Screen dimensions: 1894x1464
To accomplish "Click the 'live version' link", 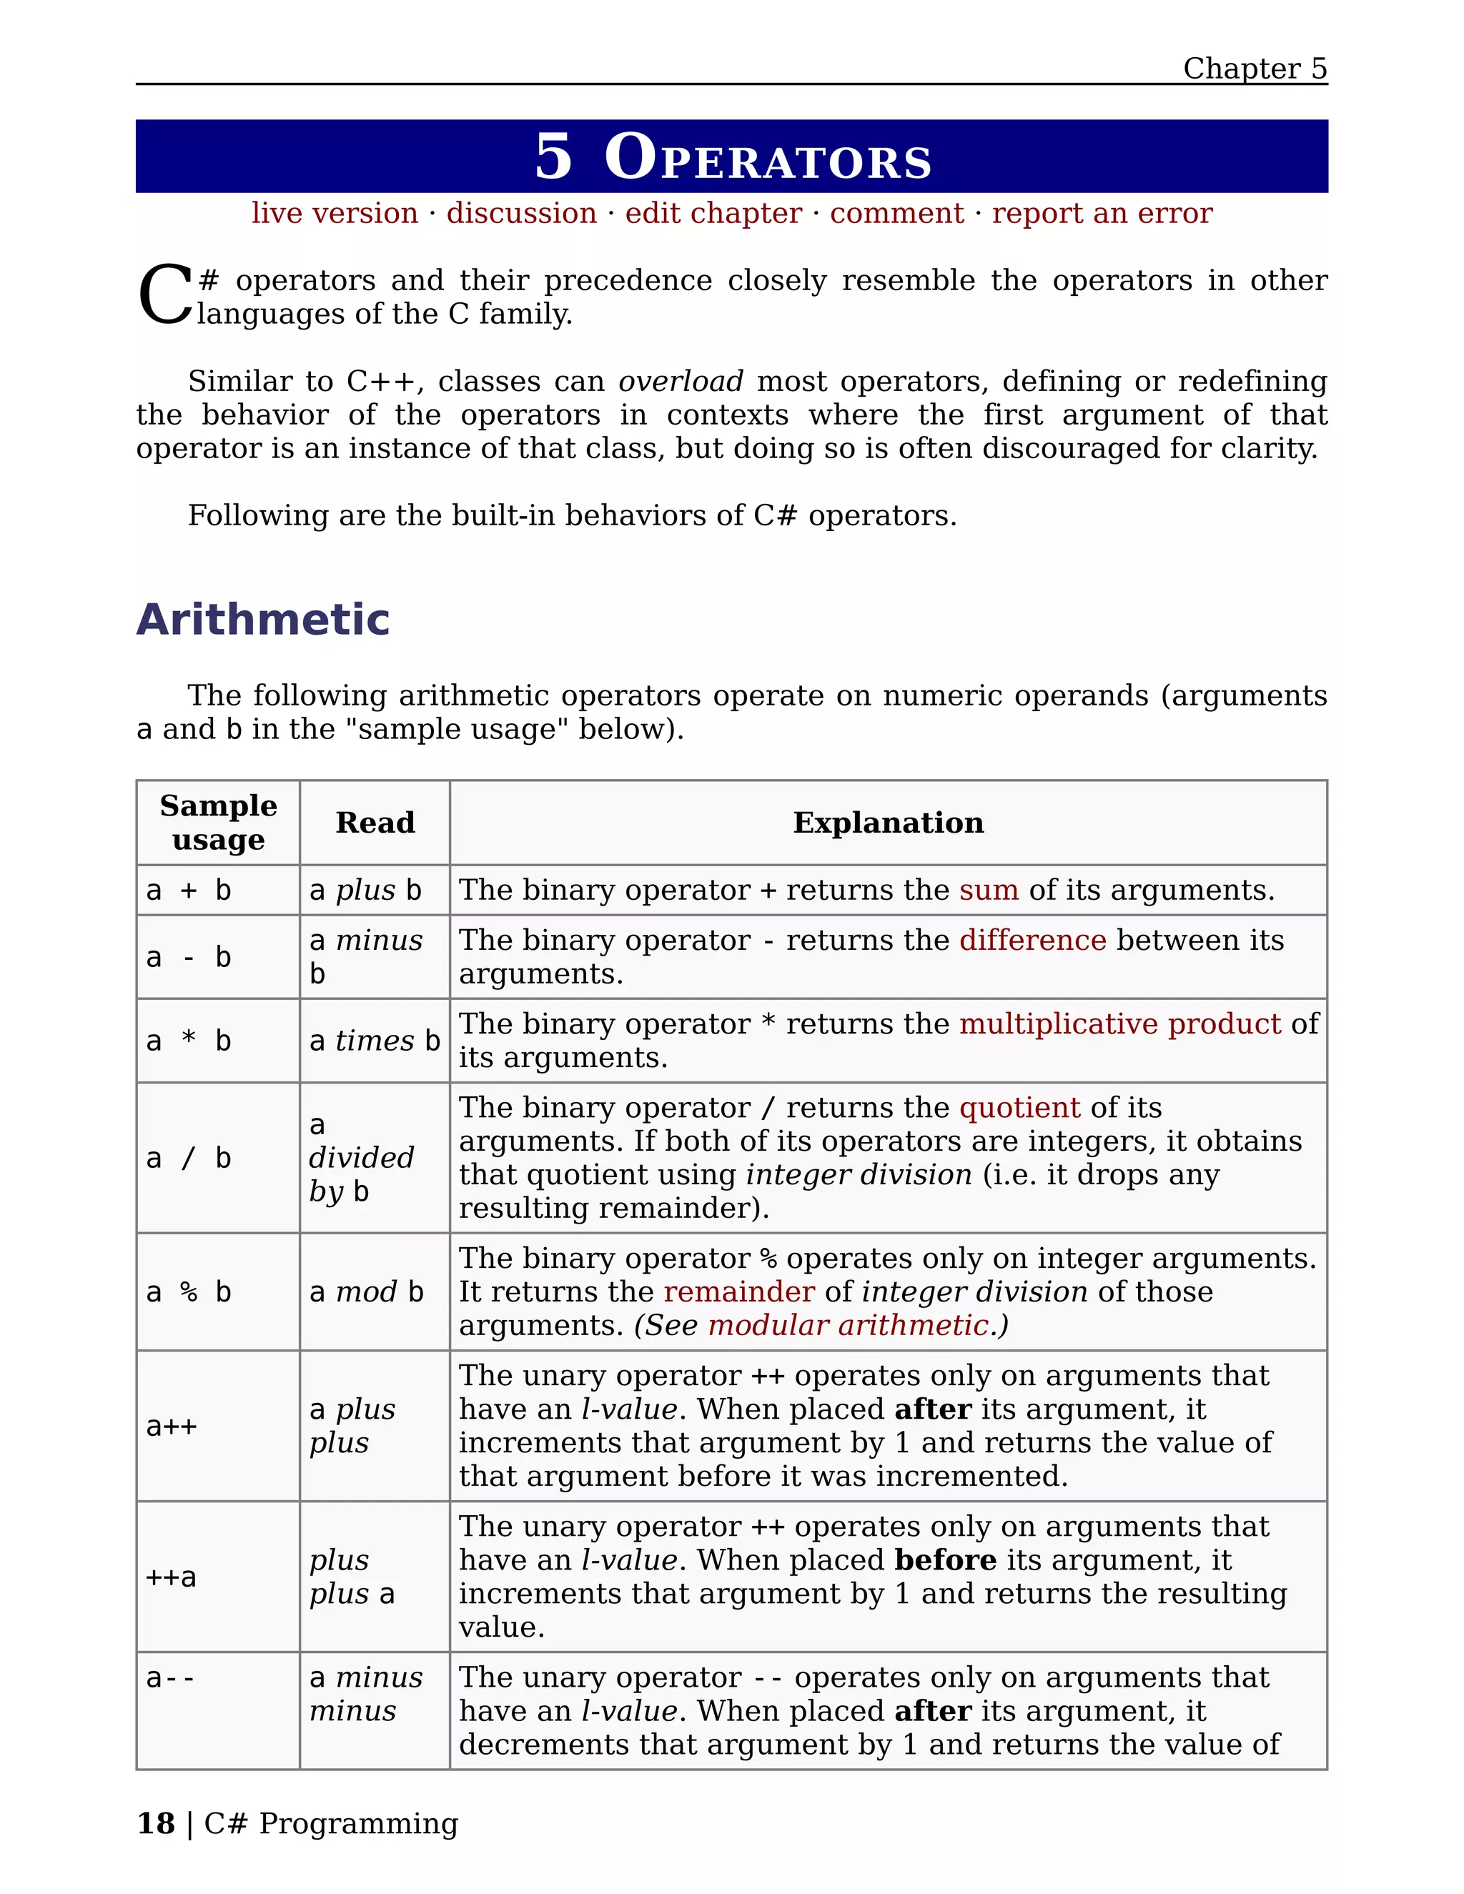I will pyautogui.click(x=335, y=213).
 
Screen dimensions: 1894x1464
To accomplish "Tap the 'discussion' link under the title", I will pyautogui.click(x=521, y=213).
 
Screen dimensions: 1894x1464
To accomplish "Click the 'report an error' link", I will pyautogui.click(x=1102, y=213).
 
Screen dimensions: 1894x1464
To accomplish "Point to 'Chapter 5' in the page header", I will pyautogui.click(x=1254, y=69).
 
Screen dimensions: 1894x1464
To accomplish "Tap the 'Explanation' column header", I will pyautogui.click(x=888, y=822).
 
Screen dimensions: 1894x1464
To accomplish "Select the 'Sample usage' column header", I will pyautogui.click(x=219, y=822).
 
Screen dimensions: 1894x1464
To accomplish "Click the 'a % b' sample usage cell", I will pyautogui.click(x=189, y=1292).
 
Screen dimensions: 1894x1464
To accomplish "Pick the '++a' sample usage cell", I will pyautogui.click(x=172, y=1577).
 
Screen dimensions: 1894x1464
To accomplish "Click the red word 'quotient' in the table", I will pyautogui.click(x=1019, y=1109).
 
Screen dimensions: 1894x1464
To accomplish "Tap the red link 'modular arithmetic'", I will pyautogui.click(x=847, y=1326).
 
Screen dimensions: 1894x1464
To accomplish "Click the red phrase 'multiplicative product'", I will pyautogui.click(x=1119, y=1024).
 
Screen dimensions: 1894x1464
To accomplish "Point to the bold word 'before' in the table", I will pyautogui.click(x=945, y=1560).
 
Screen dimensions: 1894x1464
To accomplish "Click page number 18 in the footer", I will pyautogui.click(x=156, y=1823).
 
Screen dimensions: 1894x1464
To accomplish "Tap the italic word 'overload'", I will pyautogui.click(x=680, y=382).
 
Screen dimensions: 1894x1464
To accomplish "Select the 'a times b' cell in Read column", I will pyautogui.click(x=375, y=1041).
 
